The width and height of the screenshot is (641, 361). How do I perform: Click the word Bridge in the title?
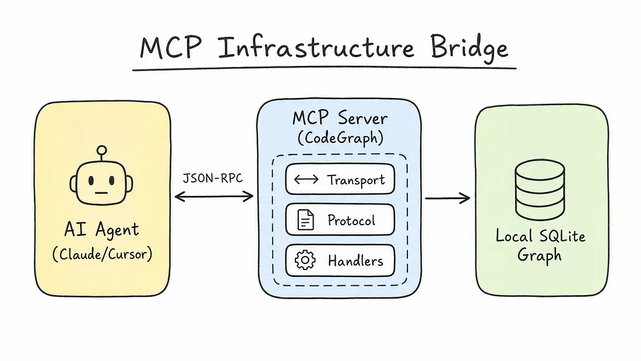[x=469, y=48]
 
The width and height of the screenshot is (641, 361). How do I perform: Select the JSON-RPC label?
[x=213, y=178]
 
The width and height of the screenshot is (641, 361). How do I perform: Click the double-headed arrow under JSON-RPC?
[x=214, y=197]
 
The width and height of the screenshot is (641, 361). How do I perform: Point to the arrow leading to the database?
[x=448, y=198]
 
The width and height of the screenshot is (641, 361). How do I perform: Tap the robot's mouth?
[x=101, y=193]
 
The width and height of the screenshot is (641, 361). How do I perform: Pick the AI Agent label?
[x=101, y=230]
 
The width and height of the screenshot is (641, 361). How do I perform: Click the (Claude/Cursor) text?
[x=102, y=254]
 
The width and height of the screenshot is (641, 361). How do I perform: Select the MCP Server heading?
[x=340, y=118]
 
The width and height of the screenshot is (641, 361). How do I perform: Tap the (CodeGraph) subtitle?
[x=340, y=138]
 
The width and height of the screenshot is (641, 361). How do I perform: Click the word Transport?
[x=355, y=180]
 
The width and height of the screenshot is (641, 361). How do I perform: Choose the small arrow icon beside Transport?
[x=306, y=179]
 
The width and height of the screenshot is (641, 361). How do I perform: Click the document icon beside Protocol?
[x=305, y=220]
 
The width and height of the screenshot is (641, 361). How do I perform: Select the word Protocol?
[x=351, y=220]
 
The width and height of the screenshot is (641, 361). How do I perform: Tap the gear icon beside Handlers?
[x=305, y=260]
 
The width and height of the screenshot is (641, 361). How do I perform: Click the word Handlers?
[x=355, y=261]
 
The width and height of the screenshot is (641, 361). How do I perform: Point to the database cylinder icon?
[x=540, y=190]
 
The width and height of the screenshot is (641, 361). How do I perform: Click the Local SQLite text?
[x=540, y=236]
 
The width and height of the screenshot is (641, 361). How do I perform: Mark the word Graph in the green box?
[x=539, y=256]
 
